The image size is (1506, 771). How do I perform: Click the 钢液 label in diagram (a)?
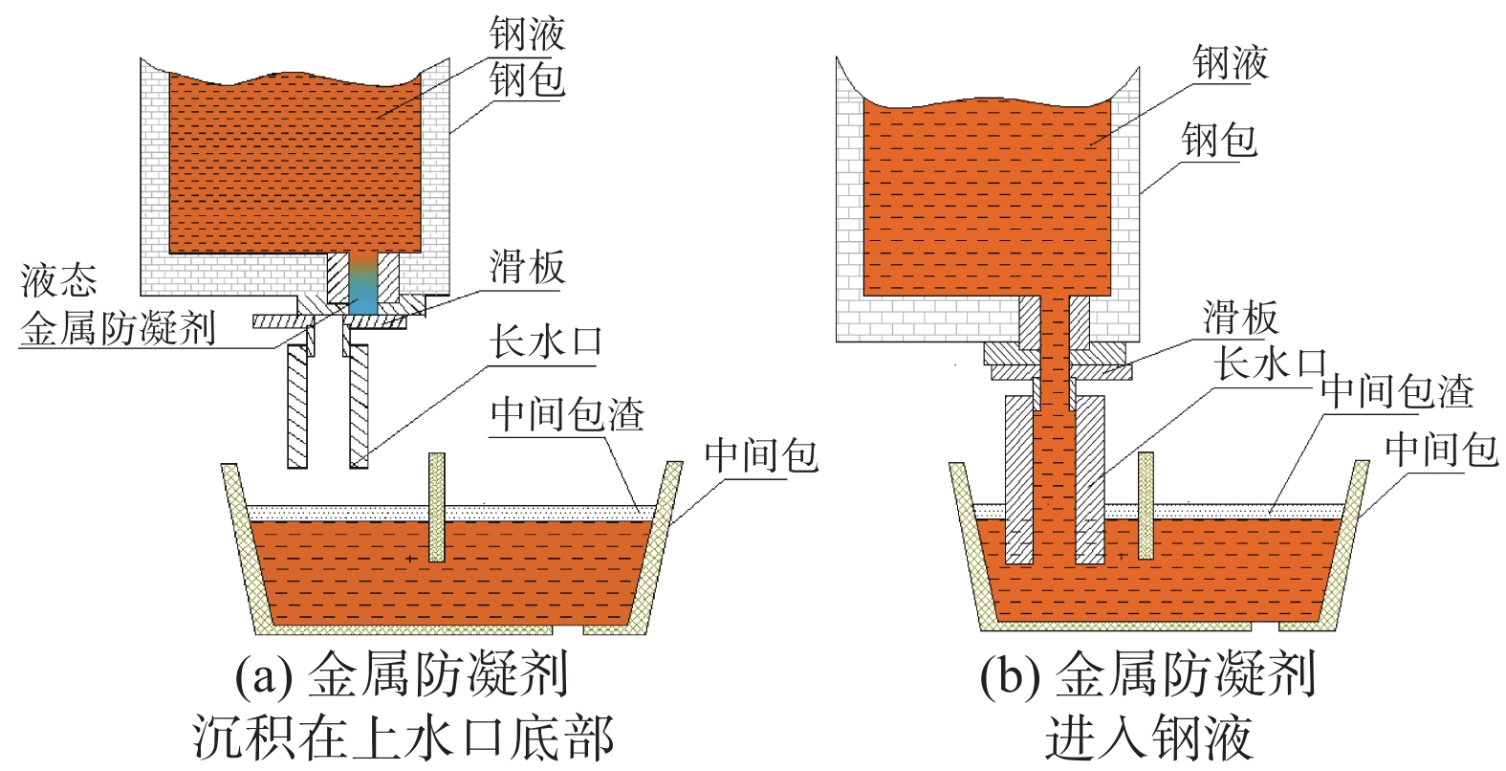pyautogui.click(x=527, y=34)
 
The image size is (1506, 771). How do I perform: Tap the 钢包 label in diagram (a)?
pyautogui.click(x=527, y=79)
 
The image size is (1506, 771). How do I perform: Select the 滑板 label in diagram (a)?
pyautogui.click(x=527, y=267)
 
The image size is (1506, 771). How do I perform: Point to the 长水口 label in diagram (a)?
pyautogui.click(x=546, y=341)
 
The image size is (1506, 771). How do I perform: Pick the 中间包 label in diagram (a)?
pyautogui.click(x=761, y=454)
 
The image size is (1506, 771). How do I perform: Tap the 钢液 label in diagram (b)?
pyautogui.click(x=1230, y=63)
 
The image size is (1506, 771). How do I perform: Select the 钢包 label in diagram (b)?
pyautogui.click(x=1218, y=141)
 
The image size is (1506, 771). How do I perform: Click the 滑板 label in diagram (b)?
pyautogui.click(x=1240, y=317)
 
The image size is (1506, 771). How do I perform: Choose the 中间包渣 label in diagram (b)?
pyautogui.click(x=1397, y=391)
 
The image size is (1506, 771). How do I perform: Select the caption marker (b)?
pyautogui.click(x=1009, y=677)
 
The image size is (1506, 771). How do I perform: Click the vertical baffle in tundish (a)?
pyautogui.click(x=437, y=507)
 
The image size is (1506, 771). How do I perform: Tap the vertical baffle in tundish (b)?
pyautogui.click(x=1146, y=505)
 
